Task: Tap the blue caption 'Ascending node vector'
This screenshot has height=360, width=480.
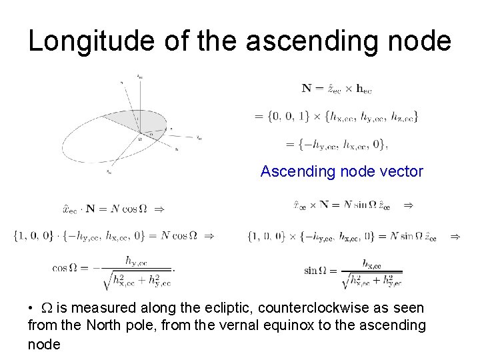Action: (x=341, y=171)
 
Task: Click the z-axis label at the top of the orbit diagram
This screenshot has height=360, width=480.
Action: (x=139, y=77)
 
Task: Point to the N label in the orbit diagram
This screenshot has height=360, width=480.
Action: (x=177, y=149)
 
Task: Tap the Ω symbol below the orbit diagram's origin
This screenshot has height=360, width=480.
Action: (x=139, y=139)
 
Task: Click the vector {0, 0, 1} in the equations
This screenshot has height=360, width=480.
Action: (x=289, y=117)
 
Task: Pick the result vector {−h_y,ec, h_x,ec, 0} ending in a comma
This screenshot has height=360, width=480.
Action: (x=337, y=143)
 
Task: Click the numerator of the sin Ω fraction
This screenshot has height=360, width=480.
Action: (x=372, y=264)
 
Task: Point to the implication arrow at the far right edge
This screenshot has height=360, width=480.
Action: (x=455, y=236)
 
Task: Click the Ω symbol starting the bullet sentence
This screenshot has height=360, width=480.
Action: (x=47, y=308)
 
